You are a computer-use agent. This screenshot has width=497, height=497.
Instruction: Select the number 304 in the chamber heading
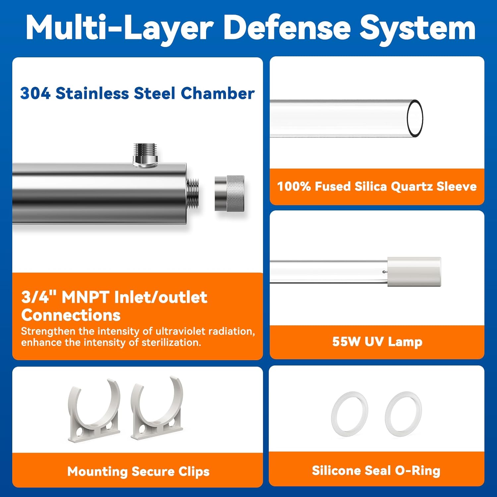coord(35,93)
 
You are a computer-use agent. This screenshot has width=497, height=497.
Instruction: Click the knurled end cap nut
coord(229,193)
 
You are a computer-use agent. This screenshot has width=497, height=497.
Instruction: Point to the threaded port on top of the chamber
coord(145,155)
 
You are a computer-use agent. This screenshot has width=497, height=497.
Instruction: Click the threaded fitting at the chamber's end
coord(193,193)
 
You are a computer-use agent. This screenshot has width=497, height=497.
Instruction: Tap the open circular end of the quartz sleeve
coord(415,118)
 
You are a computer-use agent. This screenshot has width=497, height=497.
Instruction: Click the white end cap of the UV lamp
coord(414,272)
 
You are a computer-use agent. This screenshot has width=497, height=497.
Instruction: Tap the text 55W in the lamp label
coord(346,342)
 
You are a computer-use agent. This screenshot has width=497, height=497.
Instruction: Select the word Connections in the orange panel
coord(71,315)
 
